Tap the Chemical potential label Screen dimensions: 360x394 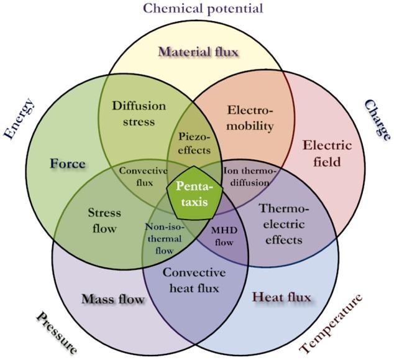click(203, 8)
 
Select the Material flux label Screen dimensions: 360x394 click(198, 51)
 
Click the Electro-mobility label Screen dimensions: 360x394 click(250, 119)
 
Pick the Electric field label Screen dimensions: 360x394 click(327, 153)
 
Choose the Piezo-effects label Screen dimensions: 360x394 click(195, 142)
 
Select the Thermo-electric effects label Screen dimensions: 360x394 click(281, 223)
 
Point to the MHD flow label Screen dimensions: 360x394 click(221, 234)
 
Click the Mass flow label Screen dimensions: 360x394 click(112, 299)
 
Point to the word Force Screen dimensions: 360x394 click(68, 164)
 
